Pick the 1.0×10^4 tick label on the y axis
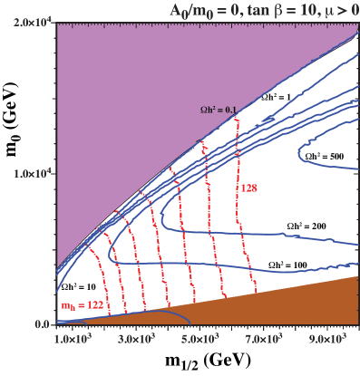pos(28,172)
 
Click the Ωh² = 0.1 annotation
pos(219,111)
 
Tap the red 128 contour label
pos(249,188)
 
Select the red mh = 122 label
pos(81,306)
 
